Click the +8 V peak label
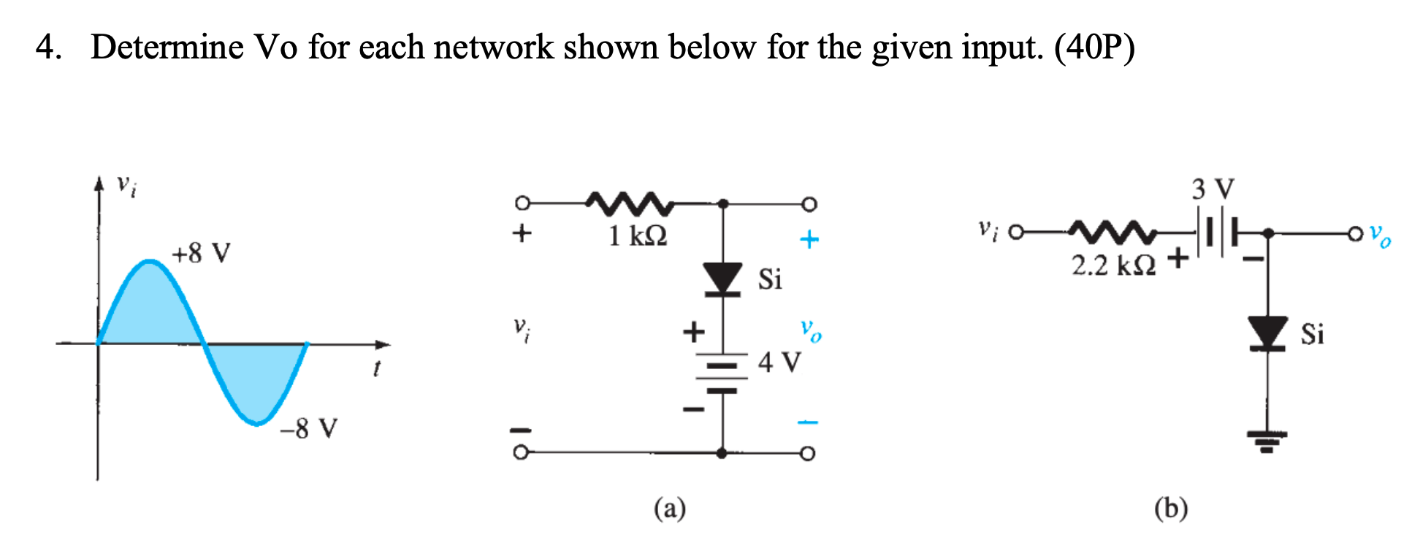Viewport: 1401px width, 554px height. pos(201,254)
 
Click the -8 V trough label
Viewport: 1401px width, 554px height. pos(308,428)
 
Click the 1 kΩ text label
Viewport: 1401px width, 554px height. pos(638,236)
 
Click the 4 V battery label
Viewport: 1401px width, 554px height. pos(779,362)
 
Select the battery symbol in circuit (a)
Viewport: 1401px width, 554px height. pos(722,373)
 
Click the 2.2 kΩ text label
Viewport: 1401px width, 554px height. pos(1113,265)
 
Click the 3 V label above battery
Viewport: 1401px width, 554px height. pos(1213,189)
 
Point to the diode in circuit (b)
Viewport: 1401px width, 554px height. pos(1267,333)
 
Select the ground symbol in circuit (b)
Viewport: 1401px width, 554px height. pos(1267,441)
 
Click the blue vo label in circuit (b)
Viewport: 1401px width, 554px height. pos(1380,235)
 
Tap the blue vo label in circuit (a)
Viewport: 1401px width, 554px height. pos(810,330)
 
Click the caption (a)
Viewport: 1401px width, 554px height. pos(669,508)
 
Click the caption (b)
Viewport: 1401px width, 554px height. pos(1170,508)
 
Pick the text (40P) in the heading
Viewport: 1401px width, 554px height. pos(1094,48)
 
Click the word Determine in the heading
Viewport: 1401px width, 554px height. pos(167,48)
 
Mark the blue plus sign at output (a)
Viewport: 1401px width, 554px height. pos(809,239)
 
